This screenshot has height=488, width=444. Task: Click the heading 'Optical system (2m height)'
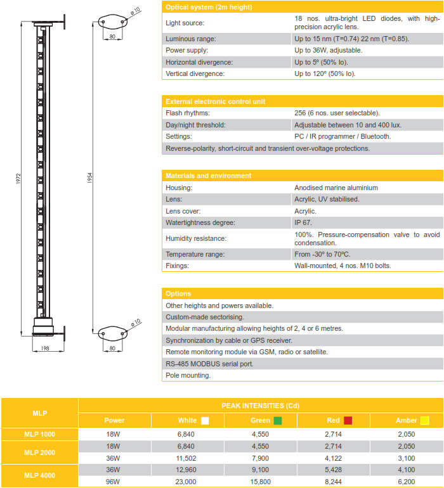pos(209,7)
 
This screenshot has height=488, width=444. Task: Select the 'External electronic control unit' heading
pos(215,101)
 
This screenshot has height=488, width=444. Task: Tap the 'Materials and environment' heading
pos(208,176)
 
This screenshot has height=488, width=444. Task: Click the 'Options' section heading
pos(178,293)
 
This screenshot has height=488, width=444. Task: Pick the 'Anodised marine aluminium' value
pos(336,188)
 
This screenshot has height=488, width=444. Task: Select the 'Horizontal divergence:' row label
pos(199,62)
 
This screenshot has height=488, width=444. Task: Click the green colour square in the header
pos(278,420)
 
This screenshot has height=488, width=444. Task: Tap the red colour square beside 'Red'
pos(348,420)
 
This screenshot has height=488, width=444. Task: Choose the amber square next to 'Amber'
pos(424,420)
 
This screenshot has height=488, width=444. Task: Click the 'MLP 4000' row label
pos(39,475)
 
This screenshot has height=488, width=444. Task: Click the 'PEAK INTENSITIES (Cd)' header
pos(261,405)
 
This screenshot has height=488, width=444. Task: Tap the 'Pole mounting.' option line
pos(188,375)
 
